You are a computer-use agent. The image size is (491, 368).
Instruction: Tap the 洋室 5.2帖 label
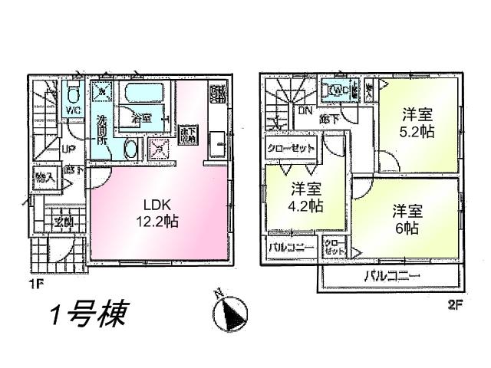(x=418, y=123)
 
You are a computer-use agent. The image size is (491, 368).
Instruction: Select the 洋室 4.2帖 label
(x=306, y=196)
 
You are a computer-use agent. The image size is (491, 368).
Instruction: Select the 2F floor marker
(x=456, y=304)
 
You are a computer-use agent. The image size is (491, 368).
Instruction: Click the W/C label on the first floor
(x=73, y=110)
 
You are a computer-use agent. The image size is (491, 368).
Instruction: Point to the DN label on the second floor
(x=305, y=110)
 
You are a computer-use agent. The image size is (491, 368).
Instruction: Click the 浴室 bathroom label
(x=140, y=118)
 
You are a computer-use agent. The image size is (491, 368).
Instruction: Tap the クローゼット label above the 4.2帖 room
(x=292, y=148)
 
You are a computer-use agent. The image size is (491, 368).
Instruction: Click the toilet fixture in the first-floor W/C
(x=74, y=95)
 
